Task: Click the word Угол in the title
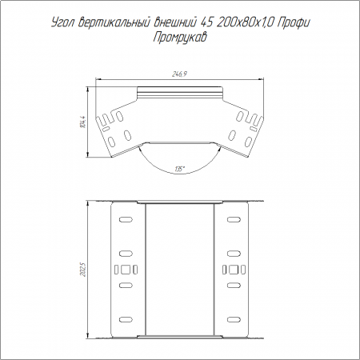click(62, 23)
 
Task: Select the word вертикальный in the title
click(114, 23)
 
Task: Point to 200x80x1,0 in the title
click(246, 23)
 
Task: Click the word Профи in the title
click(294, 23)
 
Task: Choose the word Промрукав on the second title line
click(180, 38)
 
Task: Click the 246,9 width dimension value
click(179, 74)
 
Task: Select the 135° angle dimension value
click(180, 169)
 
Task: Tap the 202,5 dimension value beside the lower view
click(83, 270)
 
